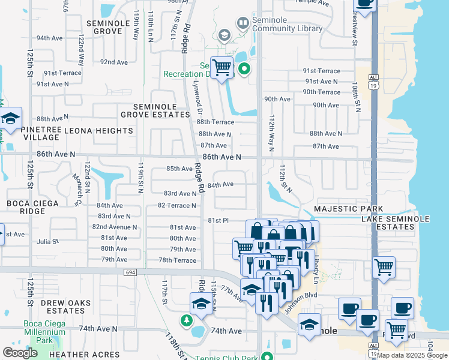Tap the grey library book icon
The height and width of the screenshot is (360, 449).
(243, 24)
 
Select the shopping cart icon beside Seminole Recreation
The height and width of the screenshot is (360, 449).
(221, 67)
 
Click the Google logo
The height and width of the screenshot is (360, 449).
(20, 353)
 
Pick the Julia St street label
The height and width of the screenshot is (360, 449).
(47, 242)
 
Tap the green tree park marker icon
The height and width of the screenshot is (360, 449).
(187, 319)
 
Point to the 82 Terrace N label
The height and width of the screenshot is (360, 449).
(176, 205)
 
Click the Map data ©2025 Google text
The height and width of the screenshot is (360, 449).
(412, 355)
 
